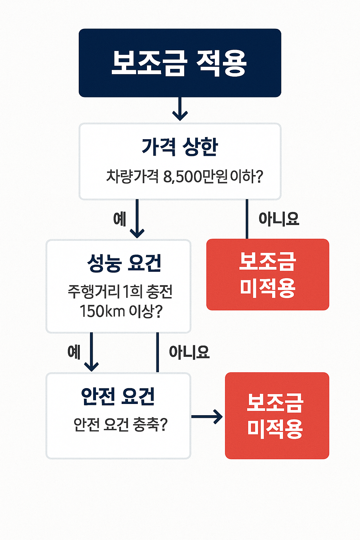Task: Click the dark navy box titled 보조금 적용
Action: tap(180, 63)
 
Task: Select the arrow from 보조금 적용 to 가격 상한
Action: tap(180, 109)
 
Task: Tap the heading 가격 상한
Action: tap(180, 147)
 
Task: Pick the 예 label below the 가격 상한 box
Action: tap(120, 219)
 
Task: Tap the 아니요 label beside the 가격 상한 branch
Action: tap(279, 219)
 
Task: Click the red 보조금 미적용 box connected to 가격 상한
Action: tap(268, 275)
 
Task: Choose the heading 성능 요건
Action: tap(124, 263)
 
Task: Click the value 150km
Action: tap(102, 311)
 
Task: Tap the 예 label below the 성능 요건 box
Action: tap(74, 352)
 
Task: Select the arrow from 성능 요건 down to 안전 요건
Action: tap(91, 352)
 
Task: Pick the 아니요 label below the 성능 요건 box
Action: tap(189, 352)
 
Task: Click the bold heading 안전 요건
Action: tap(118, 396)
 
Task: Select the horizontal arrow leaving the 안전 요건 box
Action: tap(207, 417)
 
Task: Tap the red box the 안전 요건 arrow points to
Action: tap(277, 416)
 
